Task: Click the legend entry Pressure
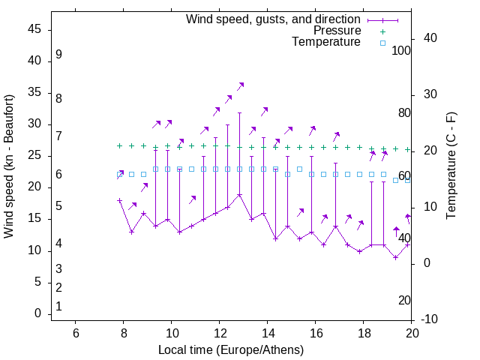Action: coord(337,31)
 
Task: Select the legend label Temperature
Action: coord(326,42)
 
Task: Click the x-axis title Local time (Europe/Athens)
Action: coord(231,349)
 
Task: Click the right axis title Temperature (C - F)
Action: coord(451,166)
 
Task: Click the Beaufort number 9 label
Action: coord(58,55)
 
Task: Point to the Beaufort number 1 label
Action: coord(58,306)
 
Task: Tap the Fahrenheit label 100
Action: coord(402,51)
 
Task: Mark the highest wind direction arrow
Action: coord(241,87)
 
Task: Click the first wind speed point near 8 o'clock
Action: coord(120,200)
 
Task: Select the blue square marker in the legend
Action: coord(382,43)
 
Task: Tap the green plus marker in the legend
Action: coord(382,31)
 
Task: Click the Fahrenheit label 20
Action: coord(404,300)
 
